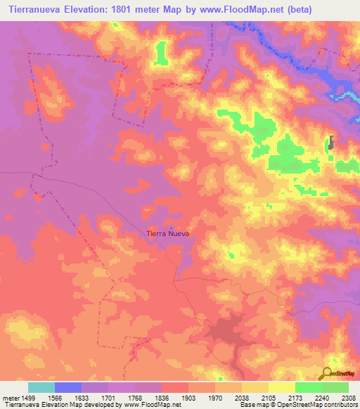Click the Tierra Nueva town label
[x=167, y=233]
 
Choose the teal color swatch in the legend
[x=41, y=387]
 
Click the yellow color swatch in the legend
[x=282, y=387]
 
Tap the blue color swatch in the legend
[x=68, y=387]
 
